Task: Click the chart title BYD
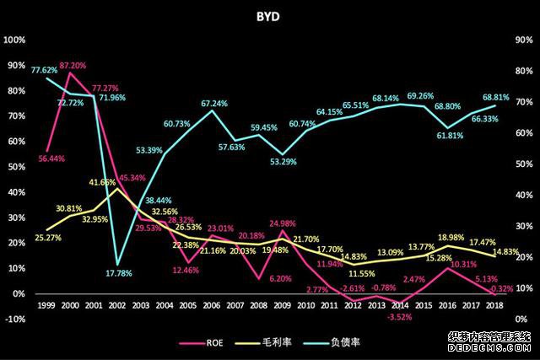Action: [270, 15]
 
